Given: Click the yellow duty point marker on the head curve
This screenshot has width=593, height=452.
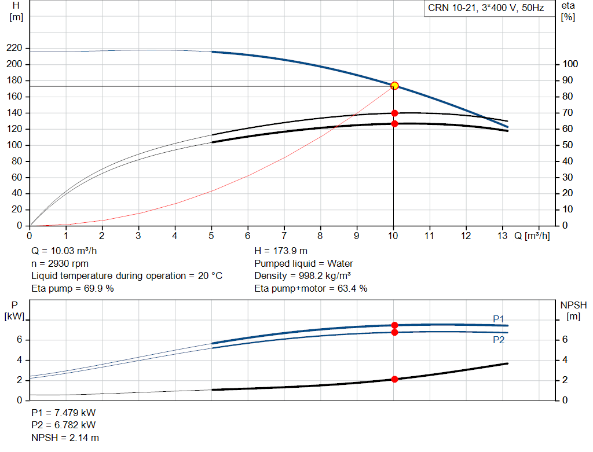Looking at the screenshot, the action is click(x=394, y=86).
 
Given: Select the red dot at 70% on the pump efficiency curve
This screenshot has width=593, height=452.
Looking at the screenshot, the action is click(x=394, y=113).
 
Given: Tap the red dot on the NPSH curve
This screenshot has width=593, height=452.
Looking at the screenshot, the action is click(x=394, y=379).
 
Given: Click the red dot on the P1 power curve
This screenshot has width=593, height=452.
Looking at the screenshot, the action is click(x=394, y=325).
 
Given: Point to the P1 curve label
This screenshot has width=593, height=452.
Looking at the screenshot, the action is click(x=499, y=319).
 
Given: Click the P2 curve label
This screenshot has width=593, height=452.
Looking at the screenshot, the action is click(x=499, y=340).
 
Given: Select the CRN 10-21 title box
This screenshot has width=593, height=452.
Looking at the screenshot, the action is click(x=486, y=8).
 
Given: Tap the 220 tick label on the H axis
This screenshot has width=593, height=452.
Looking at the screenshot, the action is click(x=14, y=48).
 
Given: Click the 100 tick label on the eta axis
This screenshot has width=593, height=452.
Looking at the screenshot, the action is click(x=570, y=64).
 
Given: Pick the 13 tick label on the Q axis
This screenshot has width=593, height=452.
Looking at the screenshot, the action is click(x=502, y=236).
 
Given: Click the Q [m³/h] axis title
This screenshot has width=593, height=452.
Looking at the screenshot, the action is click(x=532, y=236).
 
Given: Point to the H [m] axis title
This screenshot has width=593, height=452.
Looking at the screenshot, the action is click(x=16, y=12).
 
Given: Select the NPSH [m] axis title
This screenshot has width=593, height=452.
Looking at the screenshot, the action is click(x=573, y=311).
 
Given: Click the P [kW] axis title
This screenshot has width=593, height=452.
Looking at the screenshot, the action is click(x=14, y=311).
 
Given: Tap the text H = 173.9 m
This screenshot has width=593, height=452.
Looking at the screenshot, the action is click(x=281, y=251).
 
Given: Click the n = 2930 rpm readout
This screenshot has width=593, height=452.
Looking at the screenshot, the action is click(x=60, y=263).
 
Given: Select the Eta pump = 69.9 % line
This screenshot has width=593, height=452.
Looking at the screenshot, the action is click(x=72, y=288).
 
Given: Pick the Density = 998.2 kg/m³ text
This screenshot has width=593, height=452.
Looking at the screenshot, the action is click(x=302, y=276).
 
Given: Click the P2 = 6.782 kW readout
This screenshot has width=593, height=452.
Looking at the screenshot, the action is click(x=64, y=425).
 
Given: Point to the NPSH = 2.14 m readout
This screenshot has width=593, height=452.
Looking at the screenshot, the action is click(x=65, y=438).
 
